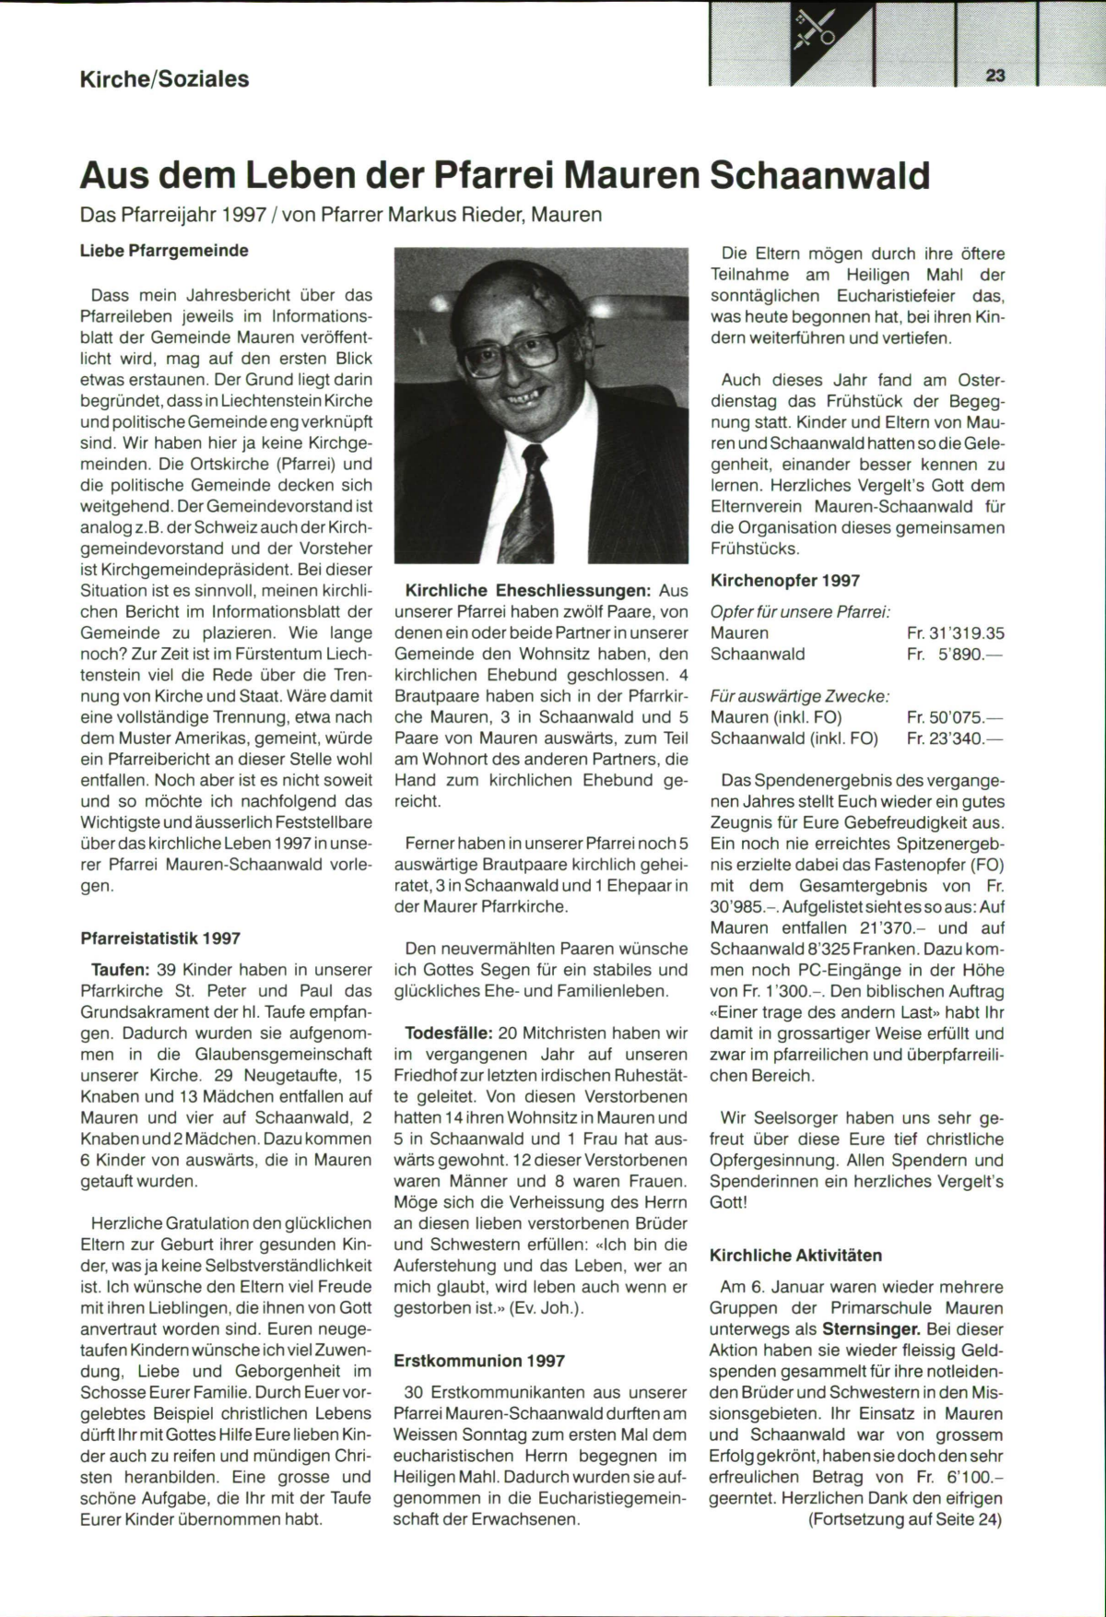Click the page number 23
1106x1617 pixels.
click(995, 77)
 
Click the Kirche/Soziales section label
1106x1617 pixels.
click(165, 79)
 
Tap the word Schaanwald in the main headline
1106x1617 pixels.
click(818, 174)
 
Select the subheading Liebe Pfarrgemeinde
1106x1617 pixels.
click(164, 250)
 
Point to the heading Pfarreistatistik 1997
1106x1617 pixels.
click(160, 938)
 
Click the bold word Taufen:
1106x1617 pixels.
click(120, 970)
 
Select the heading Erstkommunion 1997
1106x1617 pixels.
click(479, 1361)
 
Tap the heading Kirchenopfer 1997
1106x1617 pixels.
click(785, 581)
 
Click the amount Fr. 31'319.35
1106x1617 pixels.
click(955, 633)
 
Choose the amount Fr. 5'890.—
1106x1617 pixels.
click(955, 655)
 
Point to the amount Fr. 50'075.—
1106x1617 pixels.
click(955, 717)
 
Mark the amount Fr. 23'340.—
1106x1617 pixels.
click(955, 738)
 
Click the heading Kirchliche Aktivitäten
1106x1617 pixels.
click(795, 1256)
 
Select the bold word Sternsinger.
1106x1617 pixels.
click(872, 1329)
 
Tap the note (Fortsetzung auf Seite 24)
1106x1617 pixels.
click(904, 1520)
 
